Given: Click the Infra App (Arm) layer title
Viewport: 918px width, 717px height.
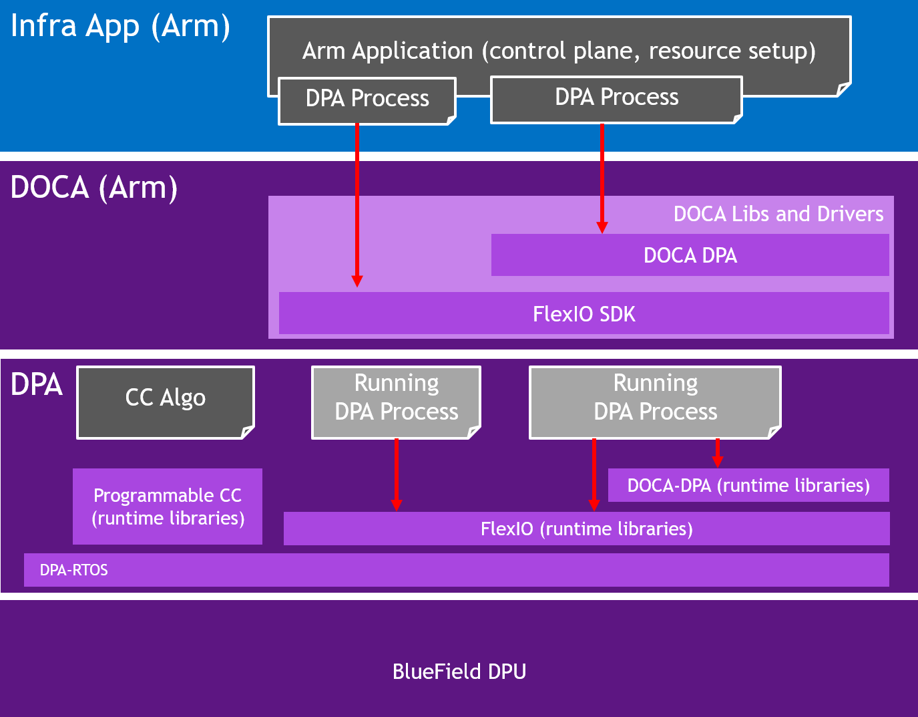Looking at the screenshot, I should click(x=120, y=27).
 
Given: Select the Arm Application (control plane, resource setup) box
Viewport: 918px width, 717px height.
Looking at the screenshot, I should click(x=559, y=51).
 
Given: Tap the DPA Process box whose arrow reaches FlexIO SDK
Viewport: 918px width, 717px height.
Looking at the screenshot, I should click(x=367, y=99).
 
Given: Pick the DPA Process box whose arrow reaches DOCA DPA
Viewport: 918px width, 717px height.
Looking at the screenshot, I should click(x=616, y=98).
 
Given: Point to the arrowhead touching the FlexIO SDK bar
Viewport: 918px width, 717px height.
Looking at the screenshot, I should click(x=357, y=281).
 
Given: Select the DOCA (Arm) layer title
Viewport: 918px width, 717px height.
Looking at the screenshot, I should click(x=94, y=188).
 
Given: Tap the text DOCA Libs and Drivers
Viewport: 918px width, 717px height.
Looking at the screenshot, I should click(x=778, y=214).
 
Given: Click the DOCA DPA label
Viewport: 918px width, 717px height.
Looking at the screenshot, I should click(x=690, y=255).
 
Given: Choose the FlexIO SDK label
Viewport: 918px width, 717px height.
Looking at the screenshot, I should click(x=584, y=314).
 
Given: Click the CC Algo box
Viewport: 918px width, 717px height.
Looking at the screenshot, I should click(x=166, y=398).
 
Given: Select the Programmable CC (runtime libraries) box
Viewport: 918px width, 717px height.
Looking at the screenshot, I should click(x=168, y=507).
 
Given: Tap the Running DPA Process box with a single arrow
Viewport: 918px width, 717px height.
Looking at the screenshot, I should click(x=396, y=398).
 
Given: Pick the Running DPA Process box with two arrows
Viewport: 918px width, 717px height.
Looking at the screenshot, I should click(x=655, y=398).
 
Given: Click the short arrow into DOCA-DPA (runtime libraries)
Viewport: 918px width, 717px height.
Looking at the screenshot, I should click(x=718, y=454).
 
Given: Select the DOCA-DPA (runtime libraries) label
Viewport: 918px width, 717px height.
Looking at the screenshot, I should click(x=748, y=485).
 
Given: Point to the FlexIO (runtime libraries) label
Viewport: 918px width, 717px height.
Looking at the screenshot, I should click(x=586, y=529).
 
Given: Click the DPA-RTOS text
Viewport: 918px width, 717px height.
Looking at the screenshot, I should click(x=73, y=570).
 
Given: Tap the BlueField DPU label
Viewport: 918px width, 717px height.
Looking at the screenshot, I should click(x=459, y=671).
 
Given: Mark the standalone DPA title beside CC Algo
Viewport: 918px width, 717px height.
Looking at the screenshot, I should click(x=37, y=385).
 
